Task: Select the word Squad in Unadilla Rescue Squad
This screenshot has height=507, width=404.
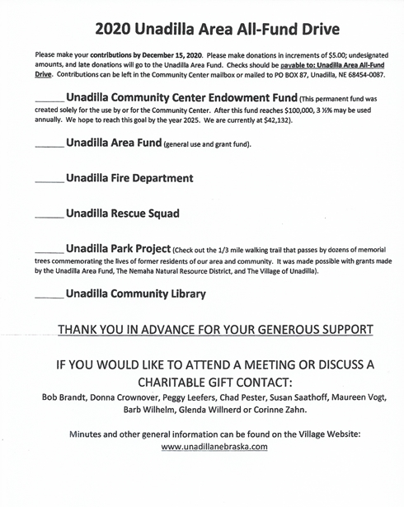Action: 160,213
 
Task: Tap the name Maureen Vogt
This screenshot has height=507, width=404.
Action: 336,397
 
